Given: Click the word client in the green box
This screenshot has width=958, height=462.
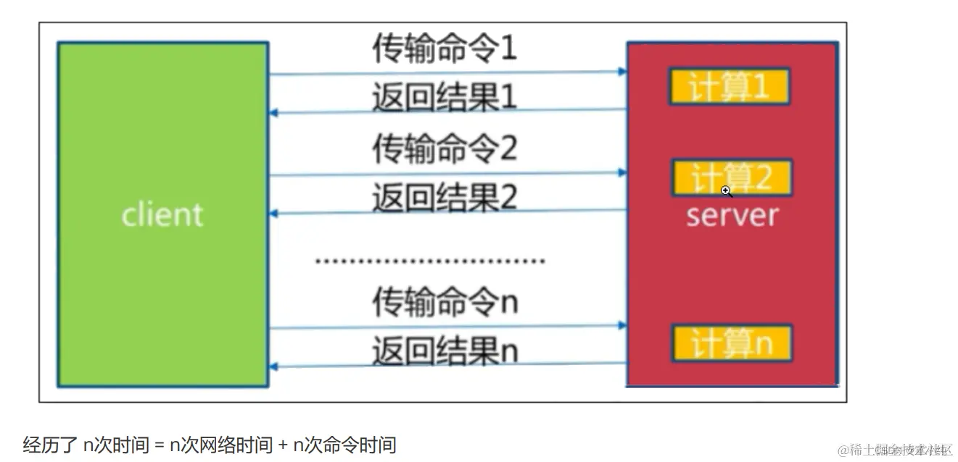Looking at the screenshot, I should tap(162, 215).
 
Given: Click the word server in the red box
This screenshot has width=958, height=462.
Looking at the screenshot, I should tap(732, 215).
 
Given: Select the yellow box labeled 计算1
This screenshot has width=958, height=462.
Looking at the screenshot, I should tap(729, 88).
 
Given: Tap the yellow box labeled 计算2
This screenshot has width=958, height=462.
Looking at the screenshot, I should tap(731, 177).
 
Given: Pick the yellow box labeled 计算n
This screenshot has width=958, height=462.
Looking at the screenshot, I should tap(731, 343).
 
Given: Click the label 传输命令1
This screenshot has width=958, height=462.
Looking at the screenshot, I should tap(445, 49).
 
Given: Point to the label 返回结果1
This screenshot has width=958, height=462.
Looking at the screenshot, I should tap(445, 97).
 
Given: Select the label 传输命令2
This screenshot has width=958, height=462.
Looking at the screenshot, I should tap(445, 148).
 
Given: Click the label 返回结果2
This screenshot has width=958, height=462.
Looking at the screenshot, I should tap(445, 197).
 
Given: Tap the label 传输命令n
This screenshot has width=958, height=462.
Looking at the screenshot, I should tap(445, 301).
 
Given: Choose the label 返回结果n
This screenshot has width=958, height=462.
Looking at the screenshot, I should tap(445, 351).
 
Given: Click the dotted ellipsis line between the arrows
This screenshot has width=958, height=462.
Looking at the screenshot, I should tap(429, 261).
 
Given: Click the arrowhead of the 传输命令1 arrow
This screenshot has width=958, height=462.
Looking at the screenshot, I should tap(622, 71).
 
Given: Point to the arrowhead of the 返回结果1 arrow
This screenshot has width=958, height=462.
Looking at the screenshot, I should tap(273, 113).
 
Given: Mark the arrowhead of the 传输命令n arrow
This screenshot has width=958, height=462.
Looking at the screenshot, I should tap(622, 326).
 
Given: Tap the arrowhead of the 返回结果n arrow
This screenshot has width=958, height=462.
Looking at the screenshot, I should tap(273, 366).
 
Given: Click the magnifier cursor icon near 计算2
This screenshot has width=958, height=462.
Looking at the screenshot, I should tap(726, 191).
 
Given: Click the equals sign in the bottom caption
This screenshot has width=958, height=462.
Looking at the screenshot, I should tap(160, 445).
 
